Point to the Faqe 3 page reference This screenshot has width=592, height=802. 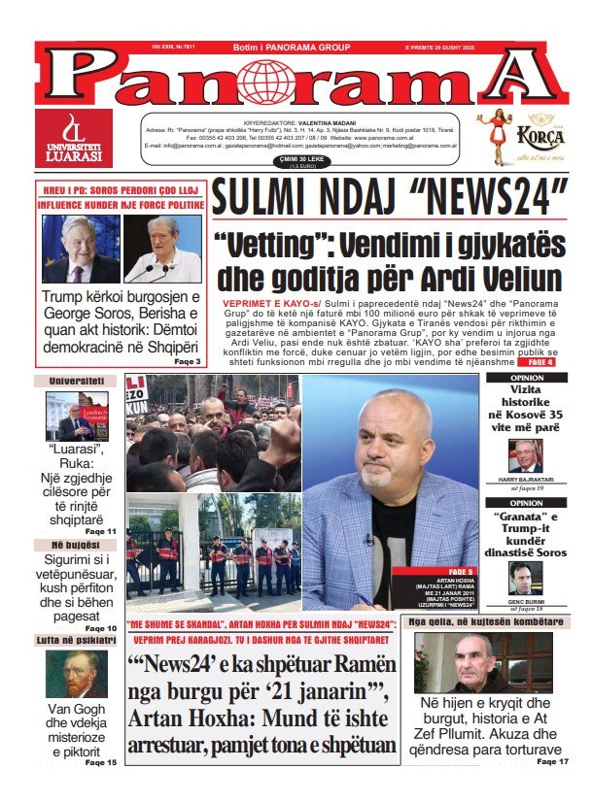tap(188, 361)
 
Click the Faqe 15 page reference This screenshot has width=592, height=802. tap(100, 763)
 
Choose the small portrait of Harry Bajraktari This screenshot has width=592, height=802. tap(526, 454)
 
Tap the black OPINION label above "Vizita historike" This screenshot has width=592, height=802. tap(527, 377)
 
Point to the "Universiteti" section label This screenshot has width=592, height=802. tap(75, 382)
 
